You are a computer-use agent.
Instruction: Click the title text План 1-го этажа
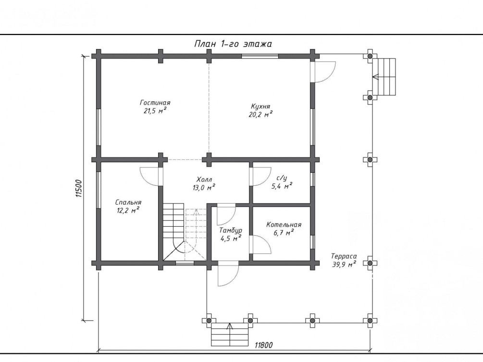(233, 44)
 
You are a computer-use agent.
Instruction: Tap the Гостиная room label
(155, 103)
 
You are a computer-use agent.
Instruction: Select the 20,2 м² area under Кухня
(261, 114)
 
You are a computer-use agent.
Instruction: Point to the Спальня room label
(128, 203)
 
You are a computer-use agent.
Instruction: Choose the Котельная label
(284, 224)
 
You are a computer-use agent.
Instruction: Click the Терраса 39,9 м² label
(344, 260)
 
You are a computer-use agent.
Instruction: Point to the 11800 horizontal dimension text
(264, 345)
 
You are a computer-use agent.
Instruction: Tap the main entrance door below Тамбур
(227, 274)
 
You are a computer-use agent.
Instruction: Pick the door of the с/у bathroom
(260, 176)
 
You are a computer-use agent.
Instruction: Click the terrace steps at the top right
(385, 76)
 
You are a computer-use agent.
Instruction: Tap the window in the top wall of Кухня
(260, 56)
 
